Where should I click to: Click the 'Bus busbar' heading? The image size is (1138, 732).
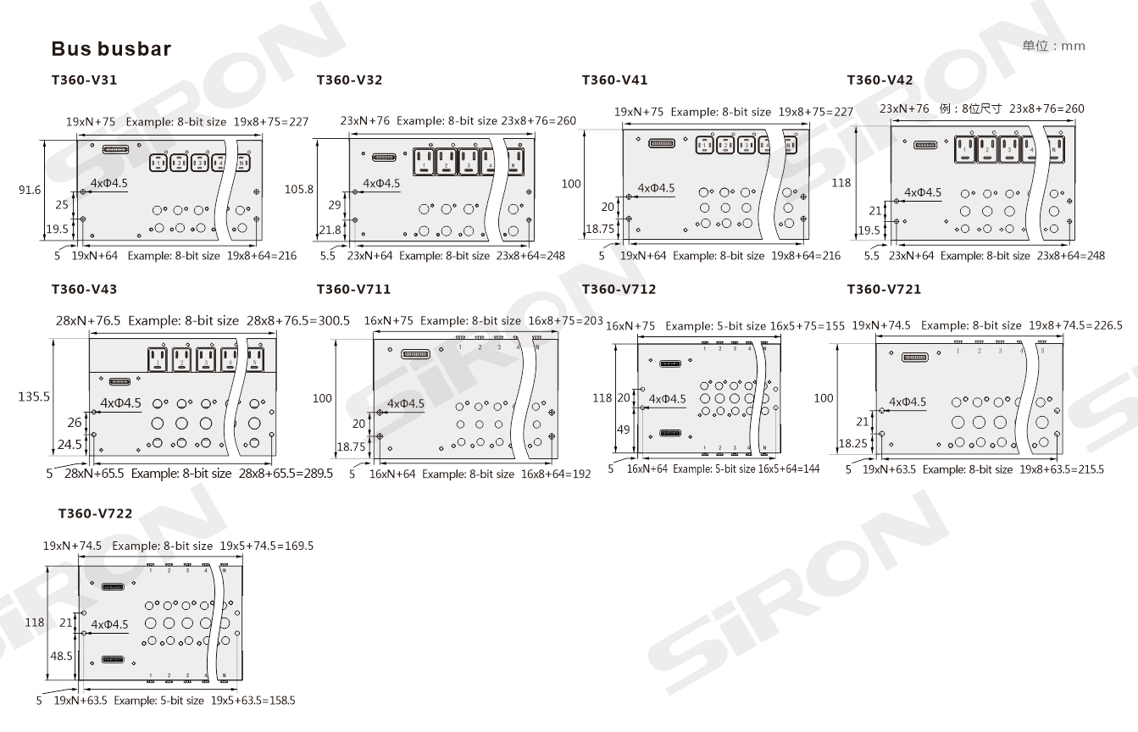(111, 48)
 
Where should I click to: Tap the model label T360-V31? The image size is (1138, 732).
(84, 80)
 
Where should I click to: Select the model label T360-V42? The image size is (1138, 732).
(880, 80)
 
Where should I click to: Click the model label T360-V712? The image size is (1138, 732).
(619, 290)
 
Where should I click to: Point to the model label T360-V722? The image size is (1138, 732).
(95, 513)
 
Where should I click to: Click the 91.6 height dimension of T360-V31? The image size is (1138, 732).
(30, 191)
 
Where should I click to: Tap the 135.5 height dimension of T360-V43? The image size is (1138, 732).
(34, 396)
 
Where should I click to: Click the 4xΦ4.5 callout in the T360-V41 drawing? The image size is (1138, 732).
(656, 188)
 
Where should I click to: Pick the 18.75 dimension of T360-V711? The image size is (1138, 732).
(350, 446)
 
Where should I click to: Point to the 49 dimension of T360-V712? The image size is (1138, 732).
(623, 430)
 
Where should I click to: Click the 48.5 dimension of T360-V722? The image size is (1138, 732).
(62, 656)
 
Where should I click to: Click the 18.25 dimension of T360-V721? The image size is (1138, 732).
(853, 443)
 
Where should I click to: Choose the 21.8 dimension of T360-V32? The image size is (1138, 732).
(330, 230)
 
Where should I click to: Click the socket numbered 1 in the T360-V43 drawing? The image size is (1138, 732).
(158, 358)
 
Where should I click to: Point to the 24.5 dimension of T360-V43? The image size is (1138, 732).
(70, 443)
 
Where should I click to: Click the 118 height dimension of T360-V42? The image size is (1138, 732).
(841, 183)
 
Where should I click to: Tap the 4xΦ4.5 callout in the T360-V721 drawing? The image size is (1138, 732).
(908, 402)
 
